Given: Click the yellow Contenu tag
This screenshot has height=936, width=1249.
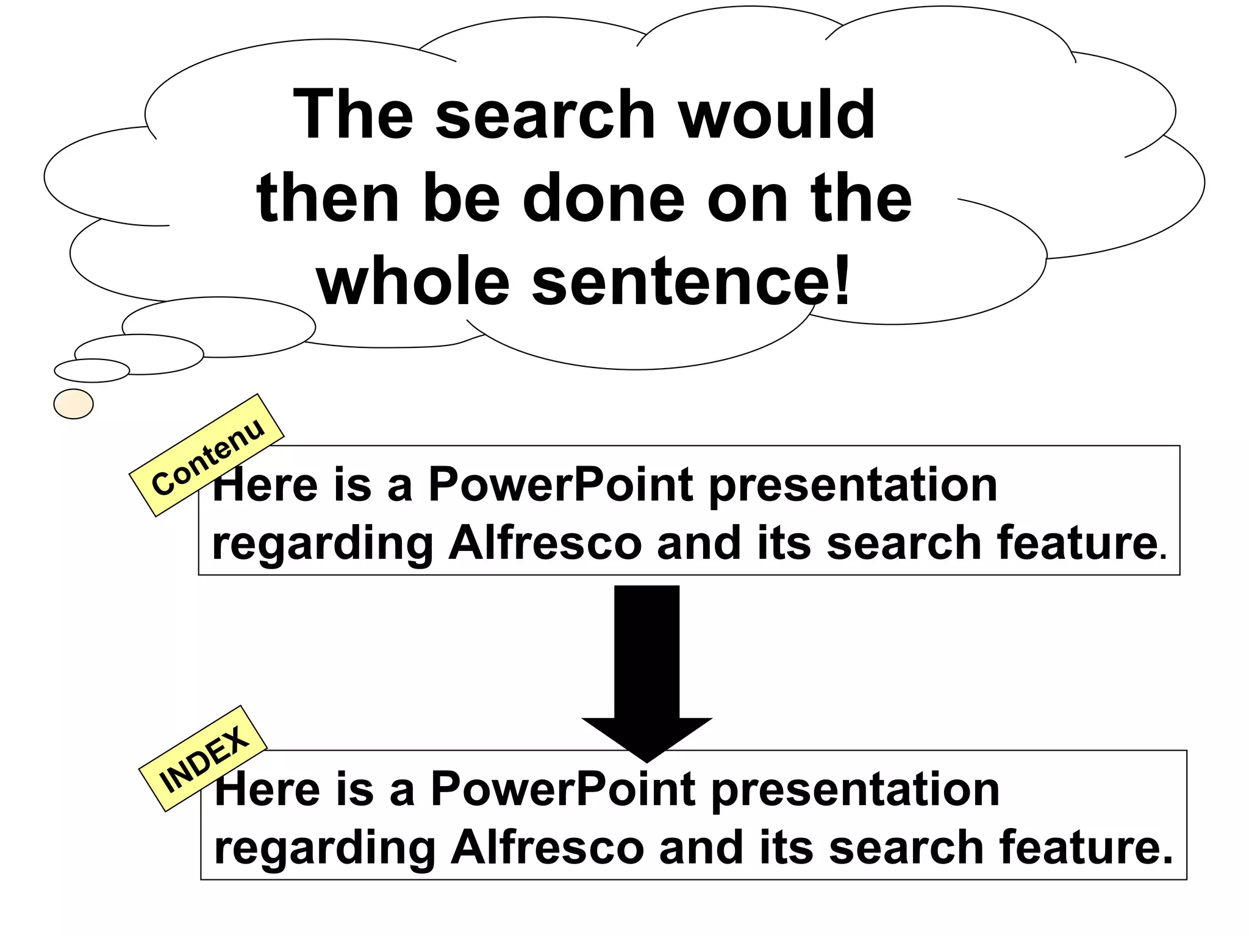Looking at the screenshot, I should pos(207,455).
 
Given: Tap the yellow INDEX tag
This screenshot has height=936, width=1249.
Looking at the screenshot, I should pos(203,758).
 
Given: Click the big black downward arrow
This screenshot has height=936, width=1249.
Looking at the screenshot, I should pos(646,670).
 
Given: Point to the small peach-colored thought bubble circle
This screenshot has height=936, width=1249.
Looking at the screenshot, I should pos(73,403).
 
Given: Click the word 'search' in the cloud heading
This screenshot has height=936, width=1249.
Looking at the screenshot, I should pos(545,115).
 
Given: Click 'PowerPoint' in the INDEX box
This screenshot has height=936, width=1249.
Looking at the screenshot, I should pos(563,789).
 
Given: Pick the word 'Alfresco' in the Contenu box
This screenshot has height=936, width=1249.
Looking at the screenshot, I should pos(545,543).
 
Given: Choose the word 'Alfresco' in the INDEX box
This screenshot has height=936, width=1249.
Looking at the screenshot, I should pos(547,848).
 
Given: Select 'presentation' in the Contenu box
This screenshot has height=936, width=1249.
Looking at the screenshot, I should pos(853,486).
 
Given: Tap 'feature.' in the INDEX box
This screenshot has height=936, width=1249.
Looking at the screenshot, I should pos(1086,848).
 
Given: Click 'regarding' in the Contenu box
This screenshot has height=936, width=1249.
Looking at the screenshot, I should pos(322,544).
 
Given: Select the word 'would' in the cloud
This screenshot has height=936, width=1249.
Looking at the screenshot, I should pos(778,115).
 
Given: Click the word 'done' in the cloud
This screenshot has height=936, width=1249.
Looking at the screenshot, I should pos(604,199).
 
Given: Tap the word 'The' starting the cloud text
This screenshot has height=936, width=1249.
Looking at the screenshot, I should pos(353,115).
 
